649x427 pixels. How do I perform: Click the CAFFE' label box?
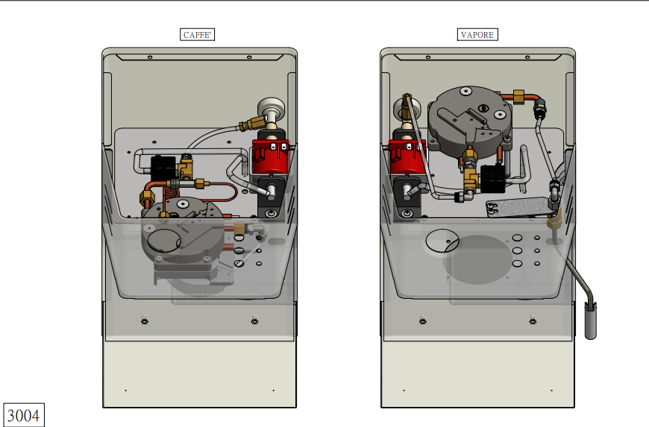pos(198,35)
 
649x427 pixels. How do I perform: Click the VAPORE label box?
pos(477,35)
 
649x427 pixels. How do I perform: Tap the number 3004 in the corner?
pos(24,415)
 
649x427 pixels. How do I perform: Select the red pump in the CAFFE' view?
pos(271,156)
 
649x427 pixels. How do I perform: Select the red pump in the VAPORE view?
pos(407,156)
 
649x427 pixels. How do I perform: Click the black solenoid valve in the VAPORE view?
pos(492,178)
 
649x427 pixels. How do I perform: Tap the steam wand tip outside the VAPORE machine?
pos(591,320)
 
